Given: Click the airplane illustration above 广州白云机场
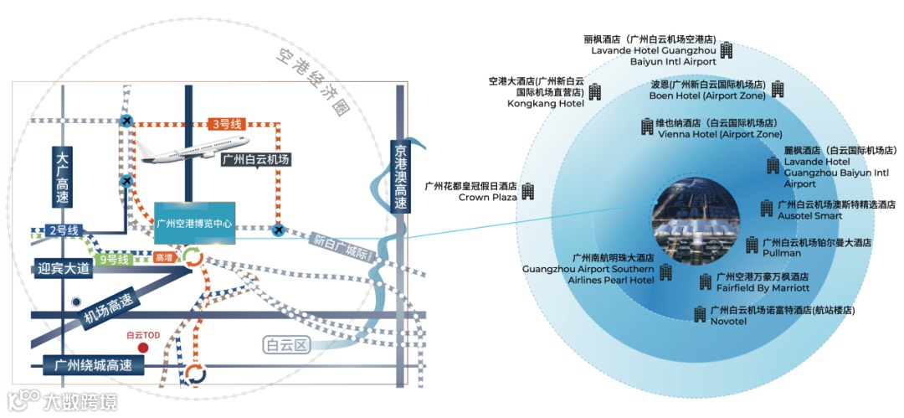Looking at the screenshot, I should tap(195, 150).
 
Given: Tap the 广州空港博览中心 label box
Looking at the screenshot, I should tap(195, 224).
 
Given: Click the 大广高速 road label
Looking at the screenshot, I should tap(61, 178).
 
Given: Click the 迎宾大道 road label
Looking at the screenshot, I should tap(64, 270).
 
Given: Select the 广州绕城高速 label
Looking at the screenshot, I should tap(94, 365).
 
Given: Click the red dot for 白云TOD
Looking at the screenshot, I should tap(143, 347).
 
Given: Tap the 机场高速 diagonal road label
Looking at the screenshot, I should tap(106, 311).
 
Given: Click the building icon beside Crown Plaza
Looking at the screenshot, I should tap(528, 191).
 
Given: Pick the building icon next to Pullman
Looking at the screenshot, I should tap(752, 246).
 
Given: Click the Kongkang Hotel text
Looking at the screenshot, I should tap(545, 104).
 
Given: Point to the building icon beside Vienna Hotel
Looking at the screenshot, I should tap(647, 126).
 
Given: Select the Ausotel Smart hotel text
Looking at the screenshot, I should tap(809, 215).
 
